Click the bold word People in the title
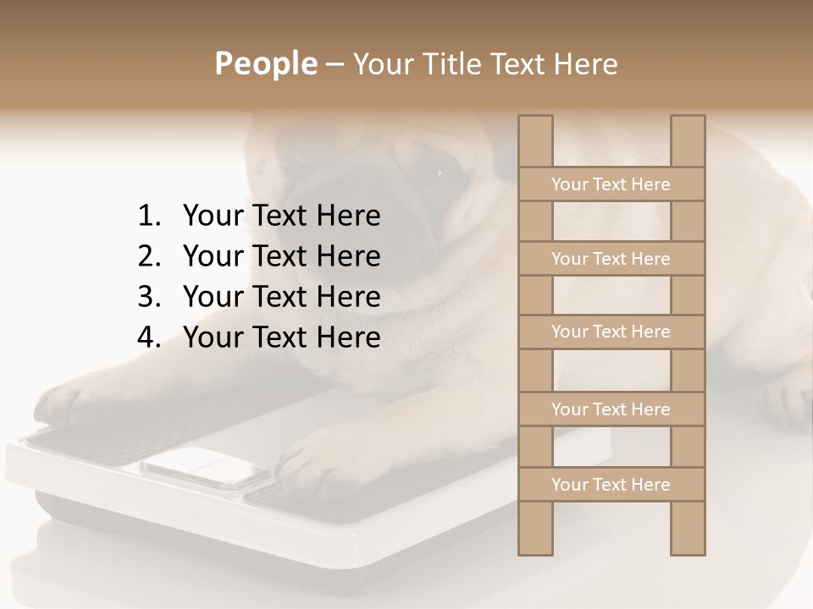point(265,63)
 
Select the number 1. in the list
point(148,217)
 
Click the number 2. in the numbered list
point(148,256)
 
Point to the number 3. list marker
point(148,297)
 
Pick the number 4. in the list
point(148,337)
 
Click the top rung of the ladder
point(611,184)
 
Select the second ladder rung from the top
point(611,259)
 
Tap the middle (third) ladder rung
point(611,332)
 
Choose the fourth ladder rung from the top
point(611,409)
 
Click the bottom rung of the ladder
point(611,485)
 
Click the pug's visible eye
point(440,174)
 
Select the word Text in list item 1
point(280,217)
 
